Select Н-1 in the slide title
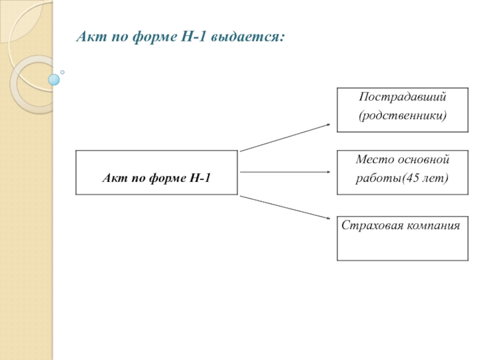coord(191,38)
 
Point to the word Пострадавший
coord(403,96)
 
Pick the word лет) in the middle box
coord(436,179)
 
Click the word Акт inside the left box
coord(112,178)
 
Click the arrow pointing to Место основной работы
coord(285,172)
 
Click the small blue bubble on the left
coord(54,79)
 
